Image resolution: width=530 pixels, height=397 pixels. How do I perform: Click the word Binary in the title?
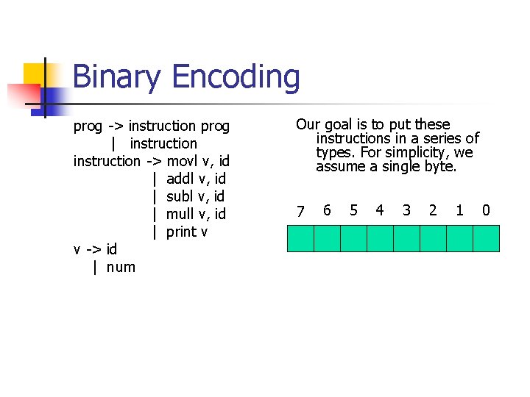coord(116,77)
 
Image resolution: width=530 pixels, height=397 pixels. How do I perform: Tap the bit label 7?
coord(300,212)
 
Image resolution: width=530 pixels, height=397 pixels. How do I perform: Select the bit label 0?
coord(486,211)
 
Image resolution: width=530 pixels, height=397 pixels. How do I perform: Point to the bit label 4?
coord(380,211)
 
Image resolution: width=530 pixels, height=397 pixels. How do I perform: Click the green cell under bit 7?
coord(300,239)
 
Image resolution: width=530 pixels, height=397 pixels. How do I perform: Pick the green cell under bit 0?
coord(486,239)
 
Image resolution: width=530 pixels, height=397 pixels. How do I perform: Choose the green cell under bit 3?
coord(406,239)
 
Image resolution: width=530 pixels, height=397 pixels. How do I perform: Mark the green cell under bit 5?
coord(353,239)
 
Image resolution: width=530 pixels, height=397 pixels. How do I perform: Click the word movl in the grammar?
coord(181,161)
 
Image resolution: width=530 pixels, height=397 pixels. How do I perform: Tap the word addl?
coord(181,179)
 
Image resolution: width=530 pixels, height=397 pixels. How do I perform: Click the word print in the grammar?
coord(182,232)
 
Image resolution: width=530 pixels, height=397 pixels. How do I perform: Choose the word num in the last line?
coord(121,267)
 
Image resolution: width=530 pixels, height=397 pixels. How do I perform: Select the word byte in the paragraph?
coord(439,167)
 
